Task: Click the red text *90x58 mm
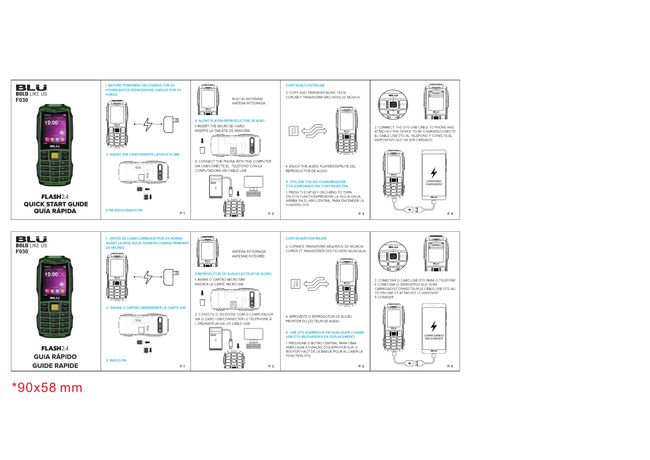(47, 387)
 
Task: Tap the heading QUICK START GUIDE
(56, 204)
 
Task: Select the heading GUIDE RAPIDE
(55, 366)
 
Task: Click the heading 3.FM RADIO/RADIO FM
(124, 210)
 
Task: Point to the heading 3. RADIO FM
(116, 360)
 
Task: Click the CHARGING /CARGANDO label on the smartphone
(434, 183)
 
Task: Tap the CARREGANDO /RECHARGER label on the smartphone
(434, 337)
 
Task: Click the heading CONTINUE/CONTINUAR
(305, 85)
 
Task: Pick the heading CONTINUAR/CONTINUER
(306, 238)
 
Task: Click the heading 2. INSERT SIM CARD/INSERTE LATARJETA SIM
(142, 154)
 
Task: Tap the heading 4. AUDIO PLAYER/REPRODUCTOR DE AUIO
(229, 121)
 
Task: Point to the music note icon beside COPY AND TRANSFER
(293, 131)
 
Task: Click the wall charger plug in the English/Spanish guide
(171, 124)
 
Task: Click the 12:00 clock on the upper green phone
(51, 123)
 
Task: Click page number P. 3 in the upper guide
(361, 214)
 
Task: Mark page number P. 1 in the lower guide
(182, 366)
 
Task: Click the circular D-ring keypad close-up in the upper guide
(393, 104)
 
